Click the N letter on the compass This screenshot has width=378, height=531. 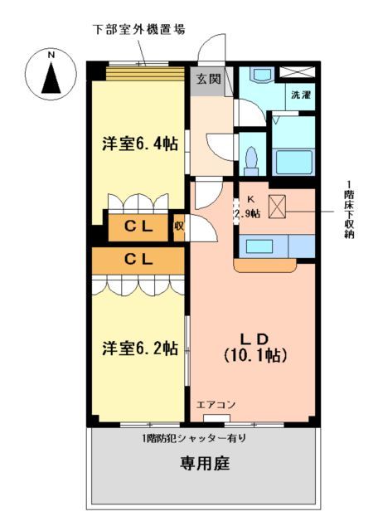point(51,56)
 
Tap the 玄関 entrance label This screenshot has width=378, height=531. point(208,80)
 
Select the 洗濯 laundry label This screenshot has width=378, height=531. point(300,95)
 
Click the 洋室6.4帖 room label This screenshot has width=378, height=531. point(139,142)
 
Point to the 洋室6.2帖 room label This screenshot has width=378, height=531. point(139,348)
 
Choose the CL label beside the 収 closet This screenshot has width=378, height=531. point(138,226)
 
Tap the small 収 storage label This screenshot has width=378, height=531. point(178,226)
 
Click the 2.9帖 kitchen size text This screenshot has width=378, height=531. point(247,213)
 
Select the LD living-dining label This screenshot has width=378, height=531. point(254,339)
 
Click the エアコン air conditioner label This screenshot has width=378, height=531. point(216,405)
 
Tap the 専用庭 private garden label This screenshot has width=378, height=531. point(203,464)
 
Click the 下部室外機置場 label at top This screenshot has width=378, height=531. point(138,29)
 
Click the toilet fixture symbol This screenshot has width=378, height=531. point(251,157)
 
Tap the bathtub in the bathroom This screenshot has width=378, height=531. point(293,159)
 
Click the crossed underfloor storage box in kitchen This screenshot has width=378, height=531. point(276,205)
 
